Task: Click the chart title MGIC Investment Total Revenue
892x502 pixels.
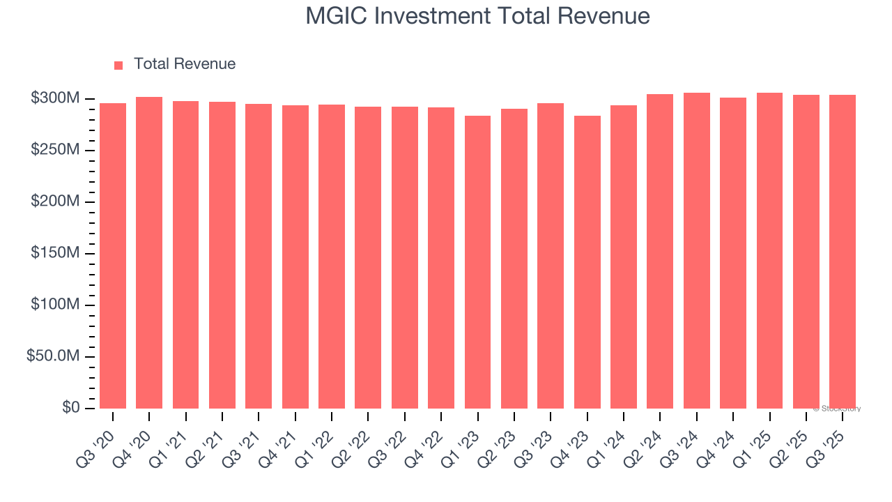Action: click(x=477, y=16)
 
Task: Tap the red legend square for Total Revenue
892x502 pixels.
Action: click(x=118, y=65)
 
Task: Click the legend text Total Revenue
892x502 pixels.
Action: click(x=185, y=64)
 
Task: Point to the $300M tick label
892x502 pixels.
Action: click(x=54, y=98)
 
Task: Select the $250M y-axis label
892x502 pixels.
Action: click(x=54, y=150)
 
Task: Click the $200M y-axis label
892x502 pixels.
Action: click(x=54, y=201)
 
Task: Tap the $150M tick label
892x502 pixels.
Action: click(x=54, y=253)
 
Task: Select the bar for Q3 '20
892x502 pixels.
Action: click(x=113, y=256)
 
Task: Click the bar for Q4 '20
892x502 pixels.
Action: click(x=149, y=252)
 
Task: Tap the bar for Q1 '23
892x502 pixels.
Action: click(x=477, y=262)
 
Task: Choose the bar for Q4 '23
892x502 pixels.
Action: click(x=587, y=262)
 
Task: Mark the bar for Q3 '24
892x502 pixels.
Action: click(x=696, y=251)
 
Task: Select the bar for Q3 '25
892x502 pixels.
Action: click(x=842, y=252)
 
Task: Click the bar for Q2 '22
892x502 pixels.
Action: click(x=368, y=257)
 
